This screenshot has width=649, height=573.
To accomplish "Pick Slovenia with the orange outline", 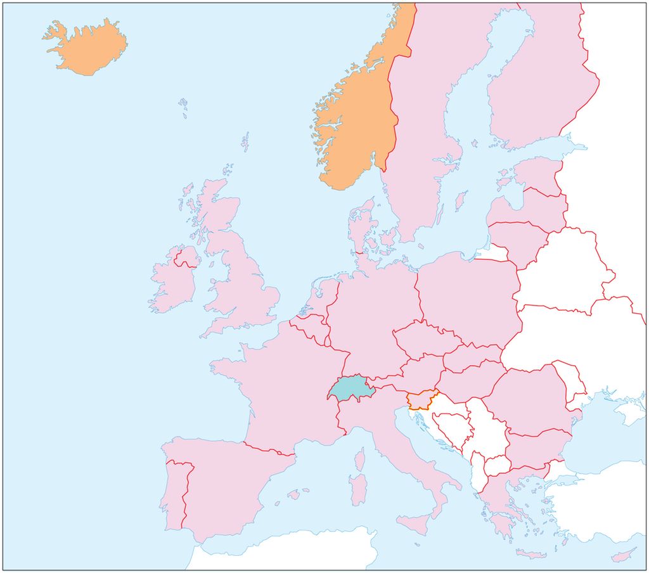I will (x=421, y=401).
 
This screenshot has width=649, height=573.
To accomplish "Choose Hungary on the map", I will (x=469, y=380).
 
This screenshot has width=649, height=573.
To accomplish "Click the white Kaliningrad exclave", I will (x=493, y=253).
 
